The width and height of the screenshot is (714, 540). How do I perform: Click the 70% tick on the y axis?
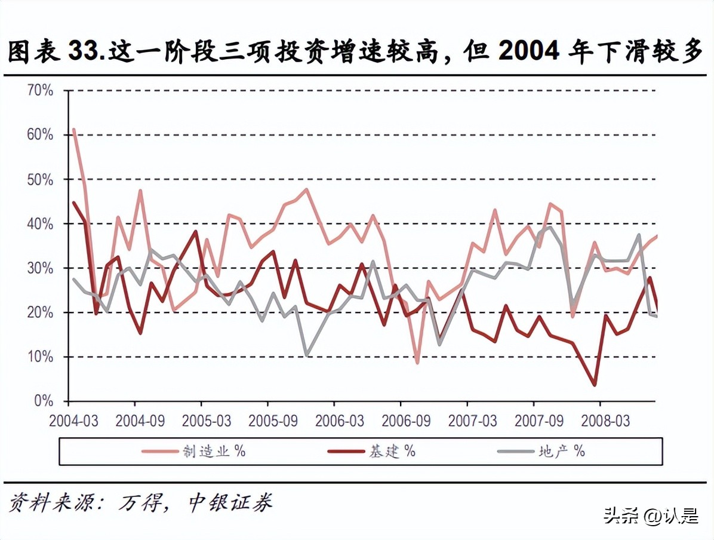[40, 91]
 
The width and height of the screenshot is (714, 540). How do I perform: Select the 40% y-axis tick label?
[40, 224]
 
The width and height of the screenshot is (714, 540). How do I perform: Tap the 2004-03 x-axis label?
[73, 421]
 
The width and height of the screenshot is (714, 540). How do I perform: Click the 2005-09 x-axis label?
[273, 421]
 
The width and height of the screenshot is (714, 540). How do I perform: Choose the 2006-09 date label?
[406, 421]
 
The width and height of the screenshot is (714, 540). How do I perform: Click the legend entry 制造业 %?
[194, 451]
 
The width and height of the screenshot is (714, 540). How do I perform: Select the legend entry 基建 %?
[372, 451]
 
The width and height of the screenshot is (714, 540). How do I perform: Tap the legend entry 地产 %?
[542, 451]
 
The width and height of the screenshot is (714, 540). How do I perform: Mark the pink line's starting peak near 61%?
[73, 129]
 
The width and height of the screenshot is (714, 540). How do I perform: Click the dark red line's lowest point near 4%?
[595, 385]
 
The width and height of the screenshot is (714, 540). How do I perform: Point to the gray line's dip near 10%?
[307, 355]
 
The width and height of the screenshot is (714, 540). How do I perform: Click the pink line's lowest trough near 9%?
[417, 363]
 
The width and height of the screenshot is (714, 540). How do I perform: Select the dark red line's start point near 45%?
[73, 202]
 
